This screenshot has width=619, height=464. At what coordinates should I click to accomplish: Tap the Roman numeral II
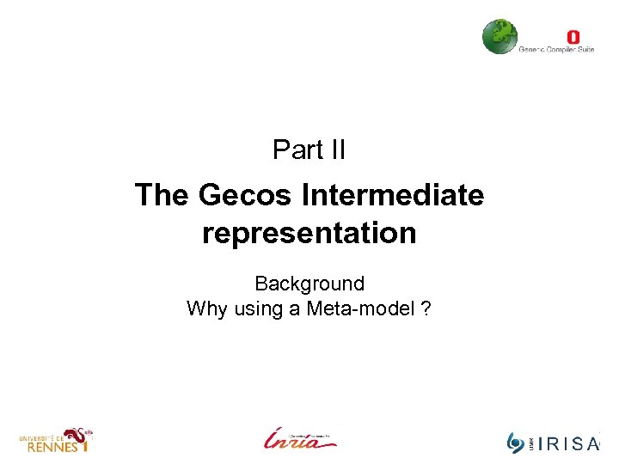334,150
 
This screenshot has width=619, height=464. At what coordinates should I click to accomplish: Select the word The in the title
162,196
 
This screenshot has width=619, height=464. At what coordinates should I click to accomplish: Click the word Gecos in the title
247,196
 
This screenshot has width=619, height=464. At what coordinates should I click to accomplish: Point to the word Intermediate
394,196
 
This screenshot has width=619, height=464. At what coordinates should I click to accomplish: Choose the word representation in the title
309,233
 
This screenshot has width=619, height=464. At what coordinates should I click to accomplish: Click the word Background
309,284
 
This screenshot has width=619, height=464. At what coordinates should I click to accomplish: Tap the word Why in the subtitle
205,308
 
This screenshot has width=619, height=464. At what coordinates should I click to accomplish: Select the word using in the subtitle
257,308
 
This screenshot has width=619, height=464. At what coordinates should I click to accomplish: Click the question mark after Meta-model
426,308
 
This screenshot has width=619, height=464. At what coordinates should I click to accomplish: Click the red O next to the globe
573,37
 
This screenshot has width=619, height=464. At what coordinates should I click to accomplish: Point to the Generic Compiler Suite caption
556,50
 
